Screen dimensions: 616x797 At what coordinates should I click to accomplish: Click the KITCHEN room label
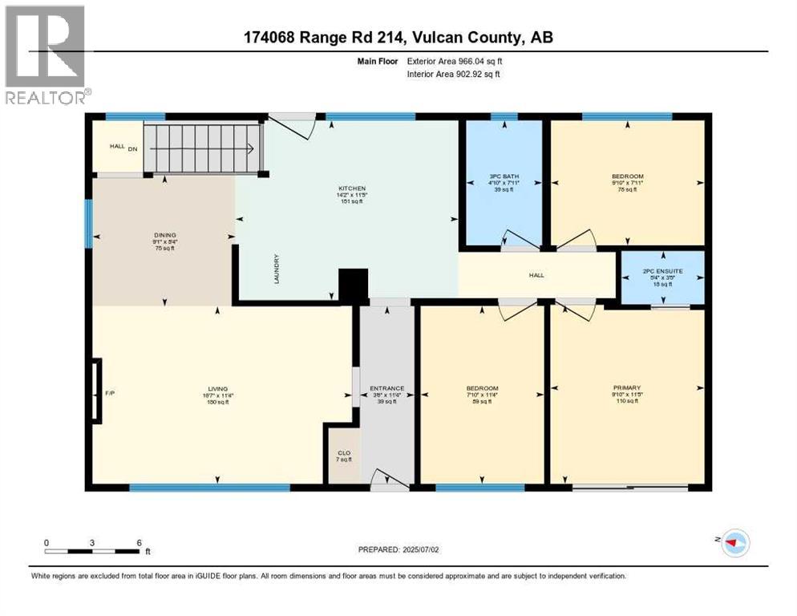[346, 189]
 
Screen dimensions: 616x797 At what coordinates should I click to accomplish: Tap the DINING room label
[164, 236]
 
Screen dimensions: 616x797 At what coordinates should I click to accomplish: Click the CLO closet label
[342, 453]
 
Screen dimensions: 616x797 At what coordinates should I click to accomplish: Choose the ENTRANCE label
[386, 389]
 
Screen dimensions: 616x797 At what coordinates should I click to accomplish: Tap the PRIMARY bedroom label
[627, 387]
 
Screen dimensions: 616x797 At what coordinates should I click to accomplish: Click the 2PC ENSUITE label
[663, 272]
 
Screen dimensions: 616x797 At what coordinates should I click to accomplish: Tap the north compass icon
[733, 542]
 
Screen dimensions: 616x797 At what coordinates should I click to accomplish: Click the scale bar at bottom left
[93, 551]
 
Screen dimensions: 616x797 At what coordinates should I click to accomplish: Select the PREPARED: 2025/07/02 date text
[399, 549]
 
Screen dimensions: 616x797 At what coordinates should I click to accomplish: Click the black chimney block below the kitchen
[352, 285]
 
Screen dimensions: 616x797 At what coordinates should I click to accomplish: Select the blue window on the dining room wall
[89, 223]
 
